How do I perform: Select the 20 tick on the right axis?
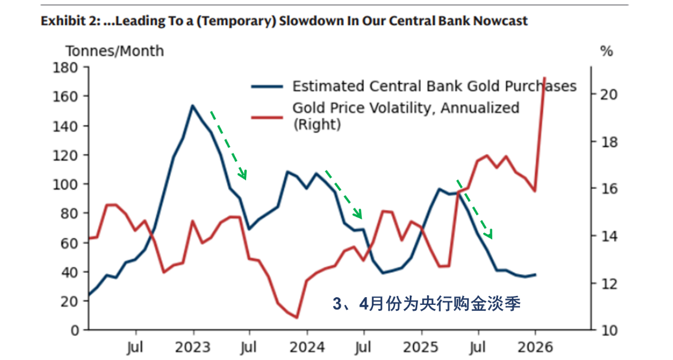[607, 94]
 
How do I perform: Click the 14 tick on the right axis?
[607, 236]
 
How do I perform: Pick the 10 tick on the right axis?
[607, 330]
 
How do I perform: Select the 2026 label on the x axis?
[535, 345]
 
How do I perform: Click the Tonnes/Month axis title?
[114, 51]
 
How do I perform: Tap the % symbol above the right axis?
[606, 51]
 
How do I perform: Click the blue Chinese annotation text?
[426, 304]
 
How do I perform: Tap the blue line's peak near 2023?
[193, 106]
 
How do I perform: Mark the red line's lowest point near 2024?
[296, 318]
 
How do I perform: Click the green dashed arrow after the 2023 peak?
[228, 145]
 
